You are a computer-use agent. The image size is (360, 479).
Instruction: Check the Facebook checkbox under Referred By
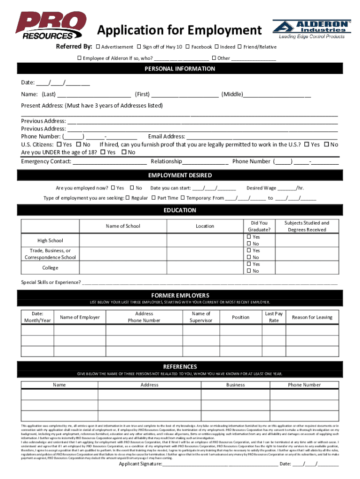tap(187, 47)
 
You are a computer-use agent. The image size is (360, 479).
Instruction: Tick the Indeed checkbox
tap(217, 47)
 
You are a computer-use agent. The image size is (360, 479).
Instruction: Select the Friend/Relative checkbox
tap(240, 47)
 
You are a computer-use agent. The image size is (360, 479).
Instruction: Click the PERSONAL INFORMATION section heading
tap(180, 69)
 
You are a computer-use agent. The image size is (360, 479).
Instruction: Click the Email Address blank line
tap(262, 137)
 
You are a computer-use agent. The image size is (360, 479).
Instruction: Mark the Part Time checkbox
tap(153, 198)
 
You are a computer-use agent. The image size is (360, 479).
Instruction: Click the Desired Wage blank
tap(286, 189)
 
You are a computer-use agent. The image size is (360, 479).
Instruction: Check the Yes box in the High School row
tap(249, 237)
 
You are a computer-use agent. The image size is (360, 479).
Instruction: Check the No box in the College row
tap(249, 271)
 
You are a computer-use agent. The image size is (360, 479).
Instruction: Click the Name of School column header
tap(123, 226)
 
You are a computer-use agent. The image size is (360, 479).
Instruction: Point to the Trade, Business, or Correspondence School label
tap(50, 254)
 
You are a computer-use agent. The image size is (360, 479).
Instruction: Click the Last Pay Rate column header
tap(274, 317)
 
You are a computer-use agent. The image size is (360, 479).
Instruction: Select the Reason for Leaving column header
tap(312, 317)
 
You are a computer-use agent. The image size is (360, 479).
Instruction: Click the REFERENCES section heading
tap(180, 366)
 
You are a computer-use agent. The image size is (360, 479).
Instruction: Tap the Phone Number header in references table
tap(304, 385)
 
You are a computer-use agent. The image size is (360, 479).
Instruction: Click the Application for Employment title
tap(179, 30)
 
